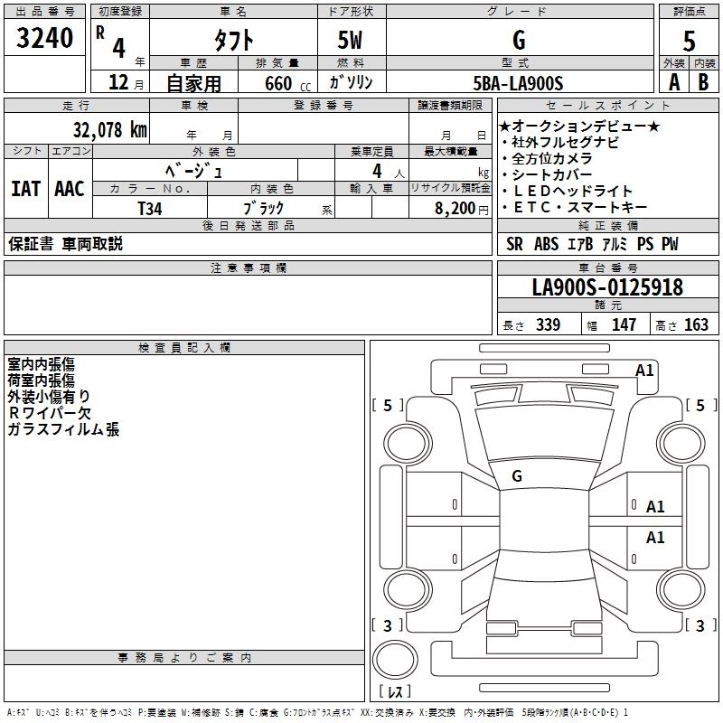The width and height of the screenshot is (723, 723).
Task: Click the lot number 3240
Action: [44, 39]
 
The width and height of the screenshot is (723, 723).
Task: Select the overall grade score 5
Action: [689, 42]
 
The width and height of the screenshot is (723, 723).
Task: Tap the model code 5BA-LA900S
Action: [518, 83]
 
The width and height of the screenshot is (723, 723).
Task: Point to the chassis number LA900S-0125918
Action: [607, 288]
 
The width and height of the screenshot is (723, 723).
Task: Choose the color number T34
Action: [150, 208]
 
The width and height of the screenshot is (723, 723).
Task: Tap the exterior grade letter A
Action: [672, 82]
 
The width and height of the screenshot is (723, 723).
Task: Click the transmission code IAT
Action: [25, 189]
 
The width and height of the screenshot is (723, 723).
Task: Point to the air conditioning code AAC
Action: [69, 189]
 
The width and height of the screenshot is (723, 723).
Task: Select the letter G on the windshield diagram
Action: [517, 476]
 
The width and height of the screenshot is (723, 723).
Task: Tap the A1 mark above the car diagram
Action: [644, 370]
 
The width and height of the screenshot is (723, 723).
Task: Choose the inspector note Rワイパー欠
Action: [50, 412]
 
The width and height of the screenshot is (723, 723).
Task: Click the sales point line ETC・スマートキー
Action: [578, 207]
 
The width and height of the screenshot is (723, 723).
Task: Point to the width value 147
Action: [624, 325]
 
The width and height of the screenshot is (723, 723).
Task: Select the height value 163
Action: [696, 325]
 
